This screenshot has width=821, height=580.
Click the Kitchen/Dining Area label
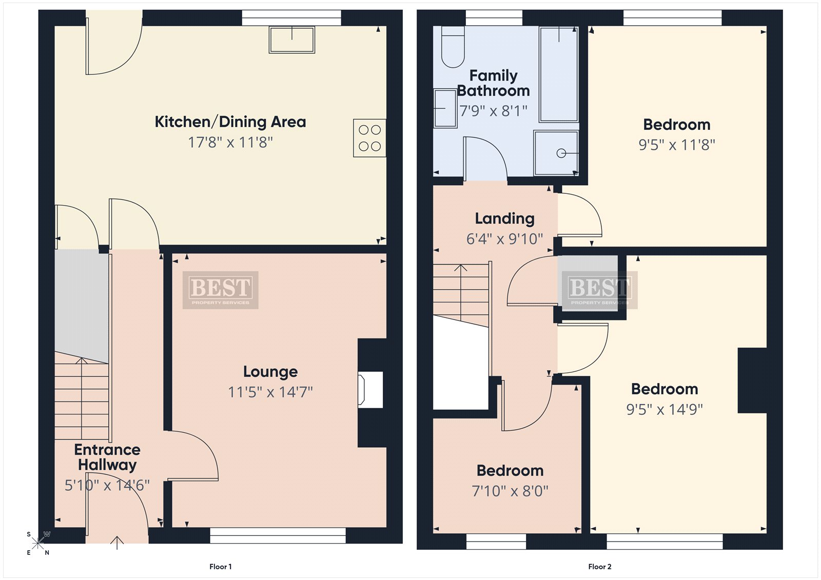point(230,122)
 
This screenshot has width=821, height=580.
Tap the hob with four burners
point(369,138)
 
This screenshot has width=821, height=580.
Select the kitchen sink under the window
point(292,39)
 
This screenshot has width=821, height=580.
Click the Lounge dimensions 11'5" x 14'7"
point(270,392)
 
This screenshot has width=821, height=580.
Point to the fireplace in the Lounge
point(370,390)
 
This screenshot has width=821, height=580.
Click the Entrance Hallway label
point(107,457)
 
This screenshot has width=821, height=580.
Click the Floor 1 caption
point(220,567)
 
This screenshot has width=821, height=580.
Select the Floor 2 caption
point(600,567)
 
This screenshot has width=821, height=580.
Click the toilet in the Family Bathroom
point(454,47)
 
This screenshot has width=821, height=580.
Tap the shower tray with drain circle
point(556,153)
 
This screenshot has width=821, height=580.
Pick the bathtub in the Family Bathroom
point(559,74)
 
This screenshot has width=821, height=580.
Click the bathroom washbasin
point(445,108)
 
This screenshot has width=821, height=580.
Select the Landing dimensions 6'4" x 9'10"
point(504,239)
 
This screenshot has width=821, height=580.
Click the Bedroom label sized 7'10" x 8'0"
point(510,470)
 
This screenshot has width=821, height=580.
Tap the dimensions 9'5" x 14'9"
point(664,409)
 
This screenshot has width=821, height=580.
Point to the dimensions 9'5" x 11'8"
point(677,145)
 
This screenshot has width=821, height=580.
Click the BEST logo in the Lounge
point(220,290)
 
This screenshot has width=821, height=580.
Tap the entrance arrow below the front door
point(117,543)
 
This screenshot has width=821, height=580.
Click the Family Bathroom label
point(493,83)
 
